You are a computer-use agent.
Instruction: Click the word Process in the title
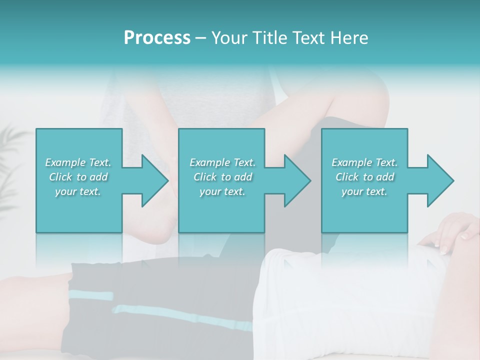pyautogui.click(x=157, y=38)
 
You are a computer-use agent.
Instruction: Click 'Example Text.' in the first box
pyautogui.click(x=78, y=162)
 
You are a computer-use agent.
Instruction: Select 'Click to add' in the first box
pyautogui.click(x=78, y=177)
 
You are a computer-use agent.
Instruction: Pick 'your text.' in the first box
pyautogui.click(x=78, y=191)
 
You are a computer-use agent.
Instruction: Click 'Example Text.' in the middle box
pyautogui.click(x=222, y=162)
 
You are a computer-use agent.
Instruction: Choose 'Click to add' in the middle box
pyautogui.click(x=222, y=177)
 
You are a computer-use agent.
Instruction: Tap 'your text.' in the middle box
pyautogui.click(x=222, y=191)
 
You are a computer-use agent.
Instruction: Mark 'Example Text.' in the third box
pyautogui.click(x=364, y=162)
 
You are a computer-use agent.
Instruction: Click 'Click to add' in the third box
pyautogui.click(x=364, y=177)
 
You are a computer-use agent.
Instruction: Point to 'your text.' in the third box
pyautogui.click(x=364, y=191)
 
